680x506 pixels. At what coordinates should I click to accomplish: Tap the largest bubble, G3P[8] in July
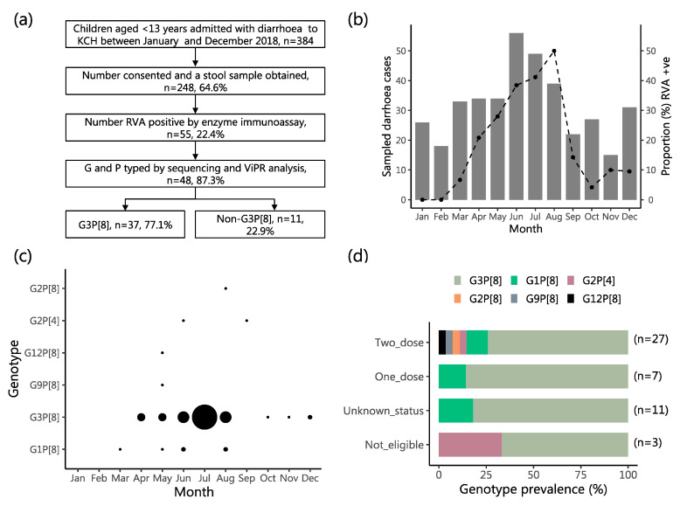[205, 417]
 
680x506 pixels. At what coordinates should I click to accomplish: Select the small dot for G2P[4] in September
[246, 321]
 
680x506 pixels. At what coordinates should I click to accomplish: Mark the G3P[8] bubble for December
[309, 417]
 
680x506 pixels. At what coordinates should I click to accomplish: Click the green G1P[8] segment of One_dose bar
[453, 377]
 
